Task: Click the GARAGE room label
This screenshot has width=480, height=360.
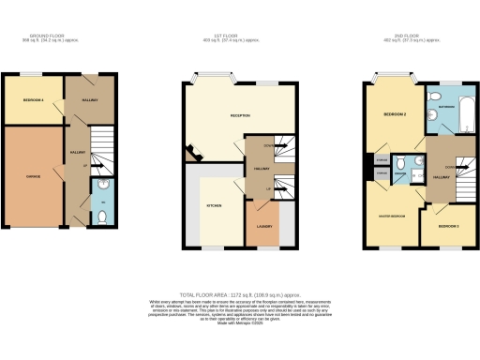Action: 33,175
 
